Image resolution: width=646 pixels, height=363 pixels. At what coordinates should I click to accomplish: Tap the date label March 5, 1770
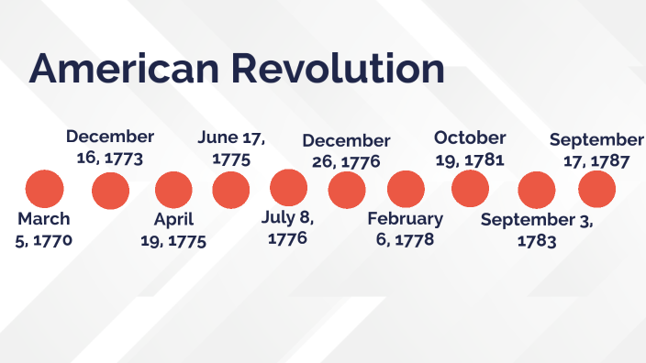(44, 230)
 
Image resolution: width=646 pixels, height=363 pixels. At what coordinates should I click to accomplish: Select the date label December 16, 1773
(110, 147)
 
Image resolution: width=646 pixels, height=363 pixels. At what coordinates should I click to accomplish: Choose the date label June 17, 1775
(231, 148)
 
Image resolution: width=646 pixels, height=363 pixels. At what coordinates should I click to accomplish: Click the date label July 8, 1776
(288, 229)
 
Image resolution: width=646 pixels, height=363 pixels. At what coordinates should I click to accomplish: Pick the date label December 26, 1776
(346, 151)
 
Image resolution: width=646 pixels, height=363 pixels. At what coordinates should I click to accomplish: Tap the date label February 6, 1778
(405, 229)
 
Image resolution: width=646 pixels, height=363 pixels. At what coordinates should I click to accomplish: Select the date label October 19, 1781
(470, 148)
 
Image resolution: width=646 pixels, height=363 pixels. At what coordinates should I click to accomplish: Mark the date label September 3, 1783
(537, 231)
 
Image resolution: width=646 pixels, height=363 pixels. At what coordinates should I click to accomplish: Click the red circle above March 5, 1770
(44, 189)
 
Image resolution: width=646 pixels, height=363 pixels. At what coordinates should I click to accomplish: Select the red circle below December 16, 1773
(110, 190)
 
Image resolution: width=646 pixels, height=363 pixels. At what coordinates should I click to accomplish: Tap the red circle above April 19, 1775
(173, 190)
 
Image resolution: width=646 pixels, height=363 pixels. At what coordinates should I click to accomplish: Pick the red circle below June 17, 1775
(230, 190)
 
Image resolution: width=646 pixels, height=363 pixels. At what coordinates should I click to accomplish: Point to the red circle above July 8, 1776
(288, 189)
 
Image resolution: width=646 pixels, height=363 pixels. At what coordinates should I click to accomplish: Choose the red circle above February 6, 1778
(406, 190)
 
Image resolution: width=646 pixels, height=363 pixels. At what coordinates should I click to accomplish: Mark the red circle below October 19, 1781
(470, 190)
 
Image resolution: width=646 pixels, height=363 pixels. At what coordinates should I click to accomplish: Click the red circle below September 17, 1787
(596, 190)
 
